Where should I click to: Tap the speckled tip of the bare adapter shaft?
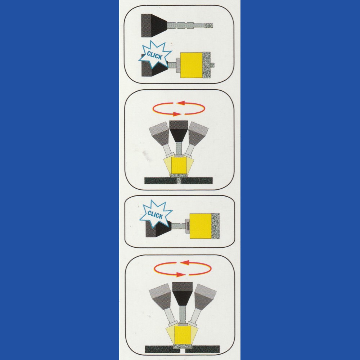tap(209, 25)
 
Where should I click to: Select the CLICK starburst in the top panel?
tap(155, 55)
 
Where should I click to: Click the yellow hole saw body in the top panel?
tap(192, 65)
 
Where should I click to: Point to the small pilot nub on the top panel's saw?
tap(212, 65)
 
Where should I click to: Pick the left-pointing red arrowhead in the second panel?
tap(181, 103)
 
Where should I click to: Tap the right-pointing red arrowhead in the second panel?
tap(177, 114)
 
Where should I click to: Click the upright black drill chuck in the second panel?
tap(179, 131)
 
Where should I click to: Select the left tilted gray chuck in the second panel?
tap(159, 134)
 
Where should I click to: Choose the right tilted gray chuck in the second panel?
tap(198, 134)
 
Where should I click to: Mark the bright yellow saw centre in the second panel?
tap(179, 165)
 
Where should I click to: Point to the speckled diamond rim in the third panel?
tap(215, 226)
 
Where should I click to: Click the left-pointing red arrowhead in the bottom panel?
tap(184, 262)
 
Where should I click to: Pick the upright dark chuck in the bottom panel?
tap(182, 294)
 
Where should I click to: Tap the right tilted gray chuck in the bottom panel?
tap(205, 297)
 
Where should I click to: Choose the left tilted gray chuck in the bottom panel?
tap(161, 296)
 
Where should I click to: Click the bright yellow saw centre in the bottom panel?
tap(183, 335)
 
